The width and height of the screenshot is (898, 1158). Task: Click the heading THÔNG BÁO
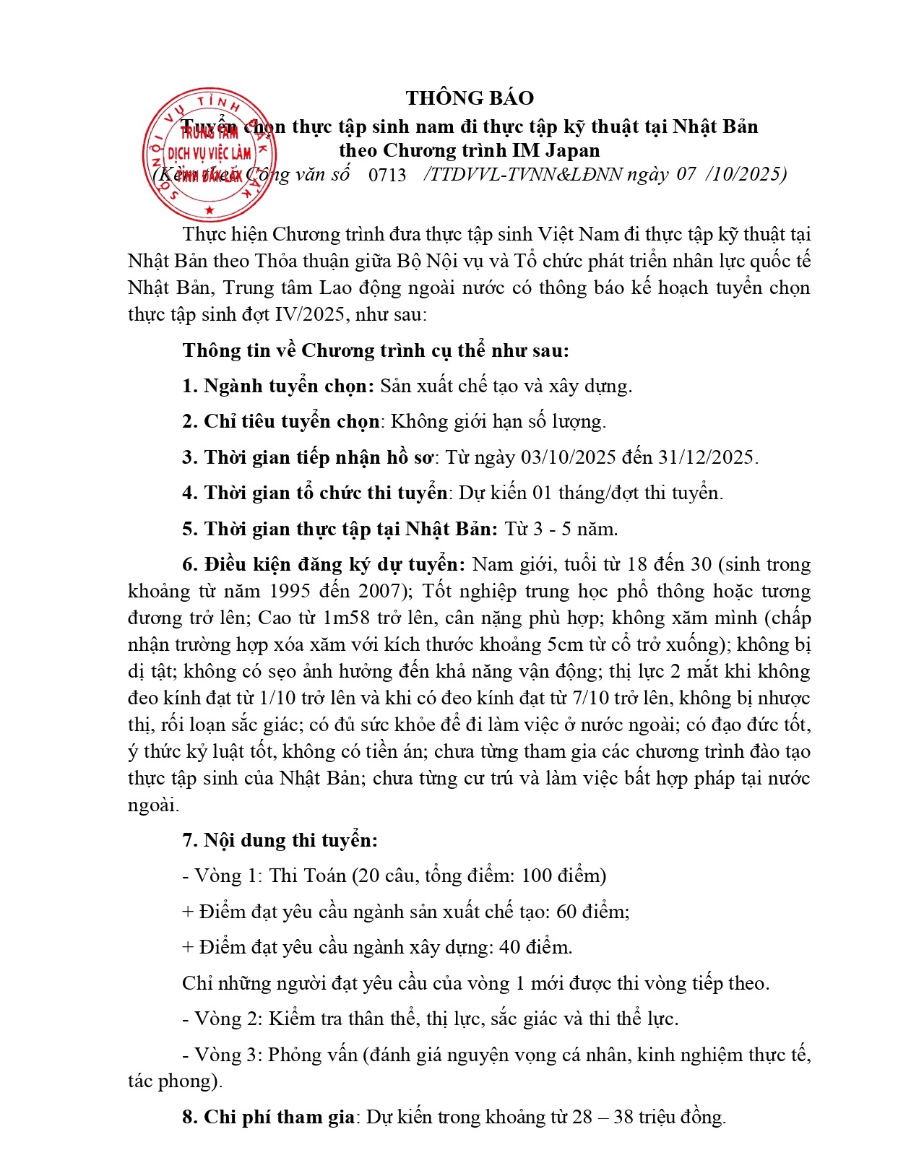coord(470,98)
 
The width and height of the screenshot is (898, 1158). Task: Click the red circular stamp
coord(210,155)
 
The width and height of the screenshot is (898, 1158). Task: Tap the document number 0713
coord(387,175)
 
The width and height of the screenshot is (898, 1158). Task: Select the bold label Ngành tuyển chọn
coord(288,386)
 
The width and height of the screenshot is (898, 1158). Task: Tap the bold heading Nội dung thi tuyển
coord(290,840)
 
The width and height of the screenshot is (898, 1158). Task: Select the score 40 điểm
coord(535,947)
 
